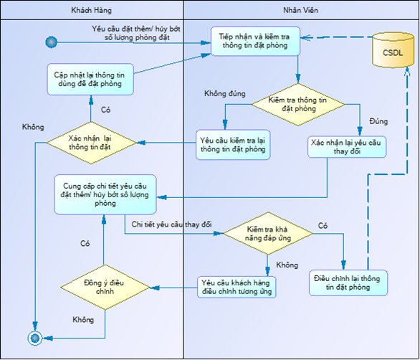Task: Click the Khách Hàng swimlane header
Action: [x=92, y=10]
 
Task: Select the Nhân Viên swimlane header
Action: [x=301, y=10]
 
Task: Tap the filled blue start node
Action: [x=52, y=42]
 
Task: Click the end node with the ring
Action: [x=35, y=338]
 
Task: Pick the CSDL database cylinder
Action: [x=393, y=50]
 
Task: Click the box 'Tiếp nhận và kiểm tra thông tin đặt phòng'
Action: [x=255, y=41]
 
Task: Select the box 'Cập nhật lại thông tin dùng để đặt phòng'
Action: [x=90, y=79]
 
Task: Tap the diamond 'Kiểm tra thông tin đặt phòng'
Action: [x=298, y=104]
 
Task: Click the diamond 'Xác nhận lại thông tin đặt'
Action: [x=91, y=143]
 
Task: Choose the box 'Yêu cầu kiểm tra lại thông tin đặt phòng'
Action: [x=233, y=145]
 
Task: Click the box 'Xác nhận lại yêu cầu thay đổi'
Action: [x=347, y=147]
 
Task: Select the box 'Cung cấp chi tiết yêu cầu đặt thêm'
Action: [x=105, y=194]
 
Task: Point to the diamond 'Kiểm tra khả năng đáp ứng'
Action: [x=268, y=234]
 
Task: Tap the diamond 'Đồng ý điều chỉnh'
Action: [x=105, y=288]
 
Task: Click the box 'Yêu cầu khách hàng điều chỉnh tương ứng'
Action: [x=237, y=287]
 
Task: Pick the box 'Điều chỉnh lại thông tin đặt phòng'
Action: [x=348, y=283]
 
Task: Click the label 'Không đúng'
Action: [x=225, y=93]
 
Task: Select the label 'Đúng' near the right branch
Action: [x=378, y=121]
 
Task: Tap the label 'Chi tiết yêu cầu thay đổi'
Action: [x=171, y=224]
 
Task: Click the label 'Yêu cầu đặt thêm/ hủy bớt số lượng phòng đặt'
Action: [x=136, y=33]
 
